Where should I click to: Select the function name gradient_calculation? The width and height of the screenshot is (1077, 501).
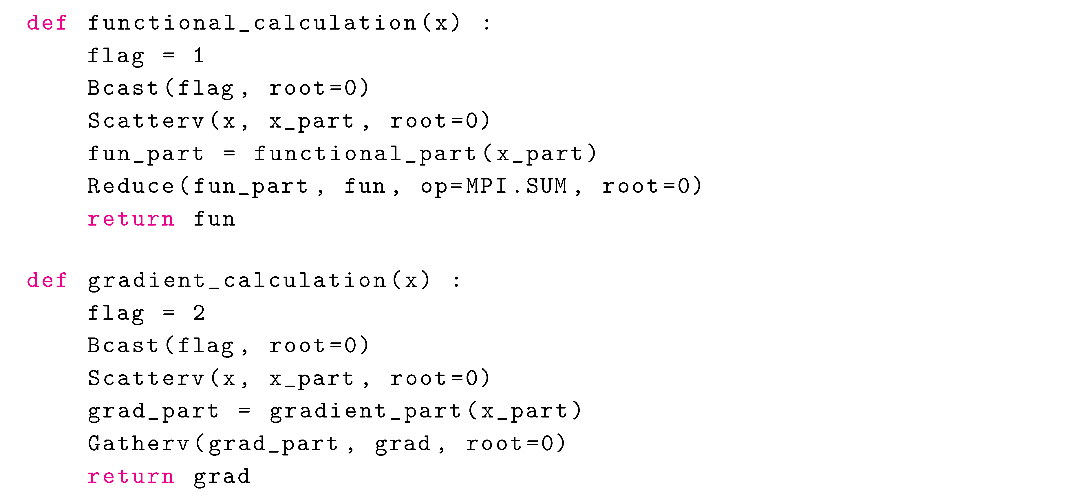(x=237, y=280)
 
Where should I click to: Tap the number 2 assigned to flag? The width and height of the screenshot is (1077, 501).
(x=199, y=313)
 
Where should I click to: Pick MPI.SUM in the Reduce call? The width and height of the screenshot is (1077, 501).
(x=516, y=186)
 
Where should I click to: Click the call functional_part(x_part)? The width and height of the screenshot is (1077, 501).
(x=425, y=154)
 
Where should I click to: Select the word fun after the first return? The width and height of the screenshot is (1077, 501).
(x=214, y=219)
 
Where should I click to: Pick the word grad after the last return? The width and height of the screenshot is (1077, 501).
(x=222, y=477)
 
